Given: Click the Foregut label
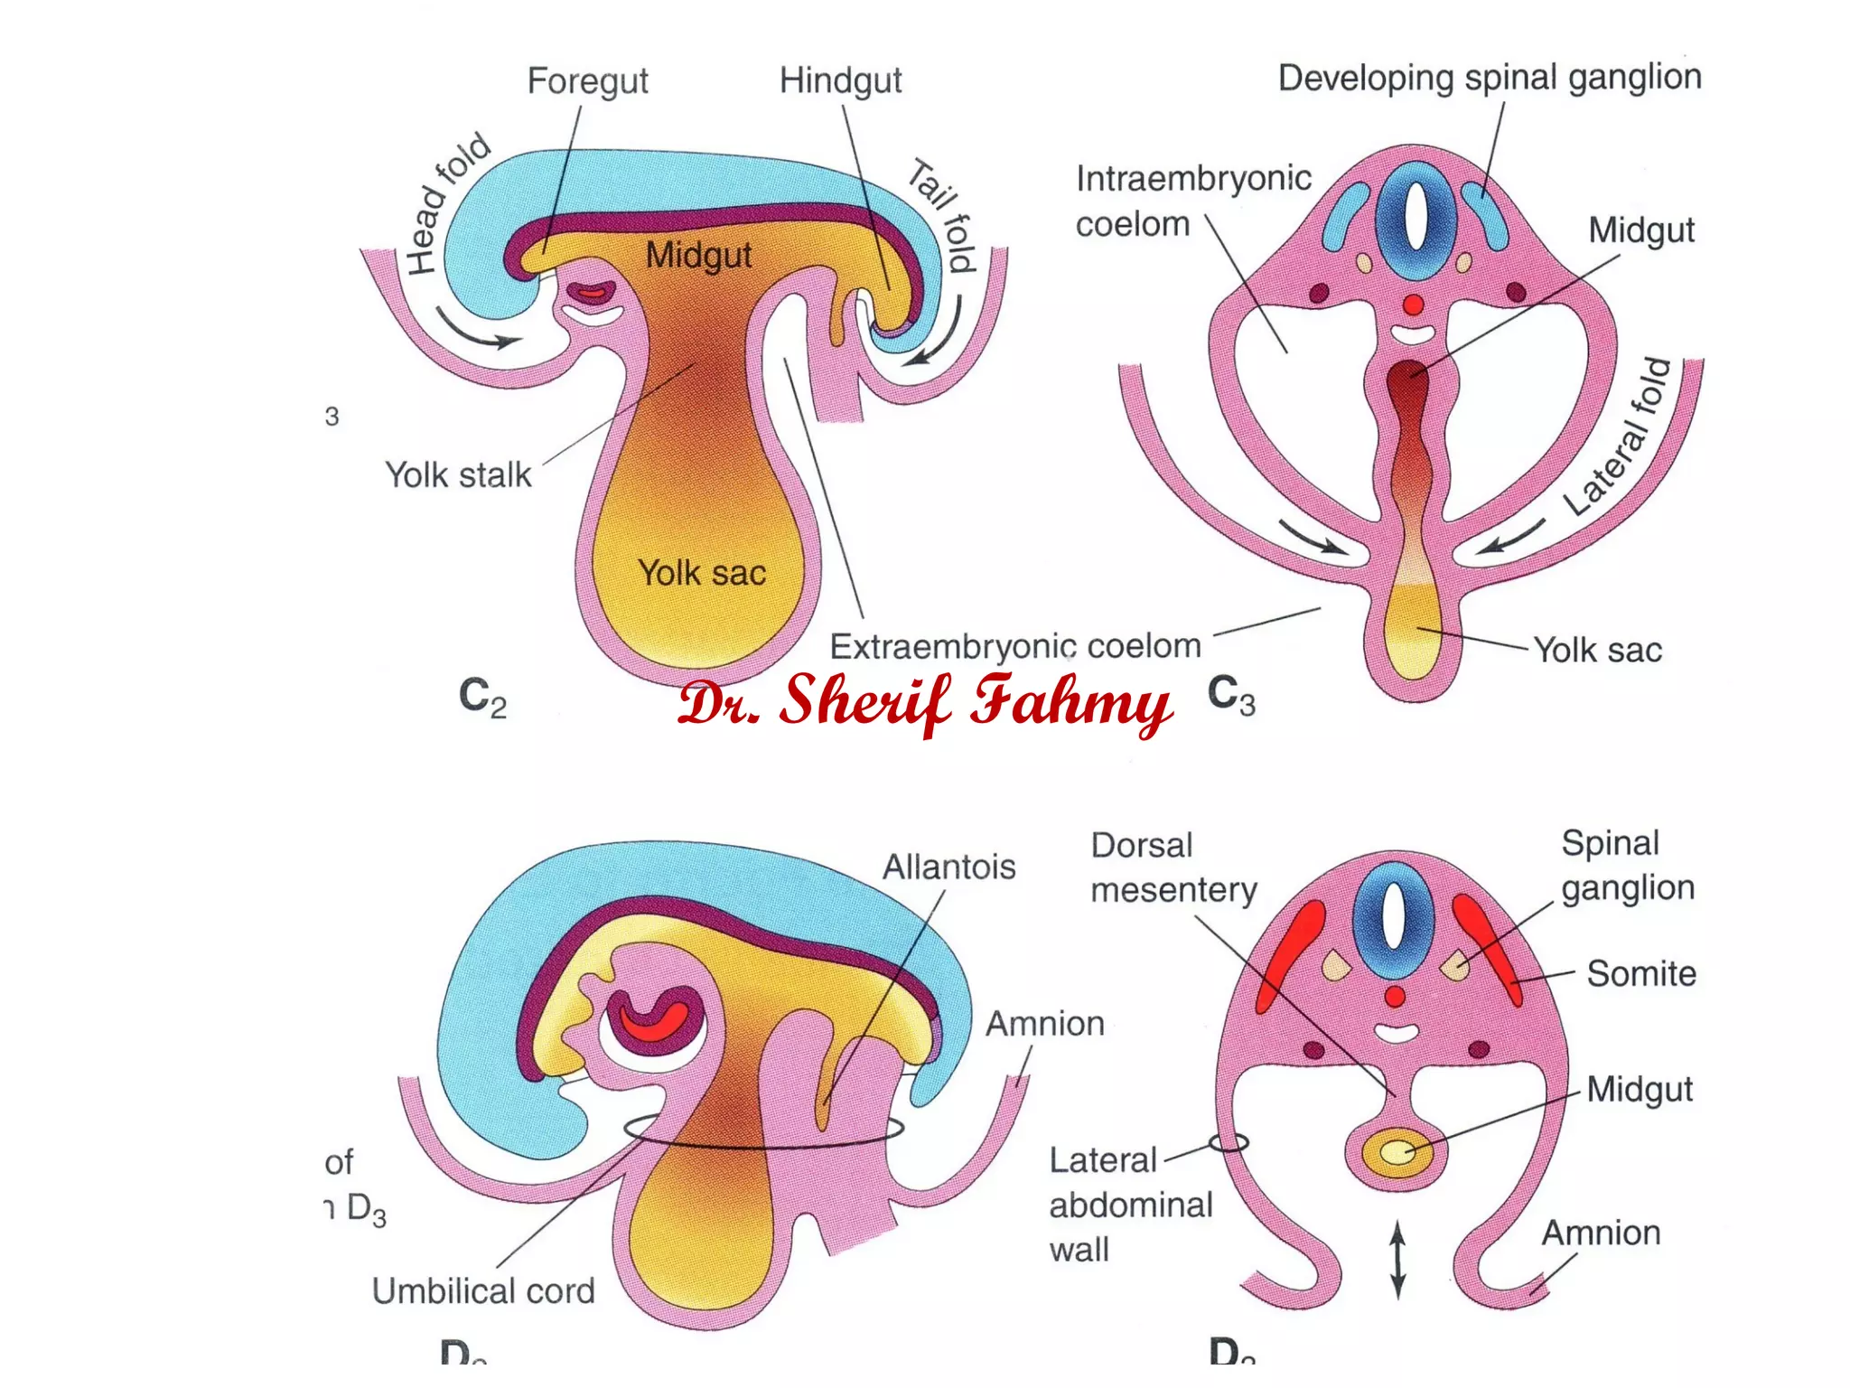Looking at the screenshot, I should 587,81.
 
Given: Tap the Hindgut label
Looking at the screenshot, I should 840,81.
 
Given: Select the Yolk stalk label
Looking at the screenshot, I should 458,474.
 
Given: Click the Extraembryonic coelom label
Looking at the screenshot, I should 1015,646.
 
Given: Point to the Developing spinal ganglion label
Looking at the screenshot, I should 1490,78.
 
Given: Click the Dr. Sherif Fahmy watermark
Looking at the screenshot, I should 925,703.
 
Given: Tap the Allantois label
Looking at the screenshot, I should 948,867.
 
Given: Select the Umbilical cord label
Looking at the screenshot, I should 483,1290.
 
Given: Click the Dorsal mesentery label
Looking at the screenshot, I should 1173,867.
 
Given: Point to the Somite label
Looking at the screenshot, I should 1640,973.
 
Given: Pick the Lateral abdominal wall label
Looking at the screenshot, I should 1130,1205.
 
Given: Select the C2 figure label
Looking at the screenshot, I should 482,698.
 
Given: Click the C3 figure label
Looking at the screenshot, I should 1231,696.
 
